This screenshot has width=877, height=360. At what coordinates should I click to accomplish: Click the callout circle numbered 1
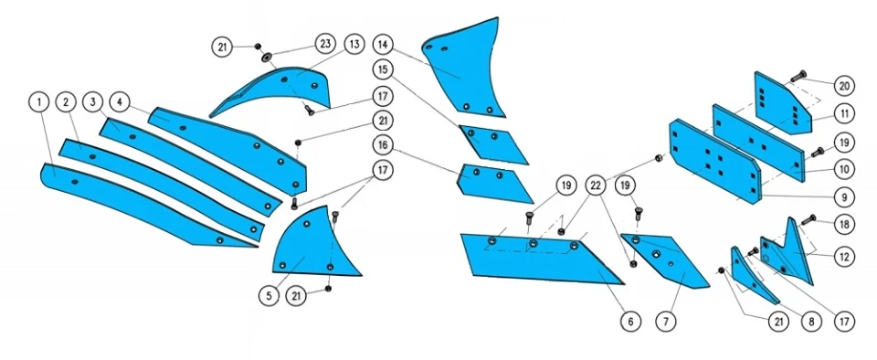pos(38,103)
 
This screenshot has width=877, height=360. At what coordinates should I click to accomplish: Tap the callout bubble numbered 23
pos(325,43)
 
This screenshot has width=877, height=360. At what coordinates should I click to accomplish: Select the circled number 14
pos(383,43)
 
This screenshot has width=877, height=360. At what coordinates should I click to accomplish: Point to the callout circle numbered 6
pos(631,322)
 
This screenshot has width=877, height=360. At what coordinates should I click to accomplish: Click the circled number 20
pos(844,86)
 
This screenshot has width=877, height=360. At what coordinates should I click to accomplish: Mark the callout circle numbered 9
pos(844,196)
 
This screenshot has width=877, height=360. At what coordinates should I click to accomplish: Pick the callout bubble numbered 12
pos(844,257)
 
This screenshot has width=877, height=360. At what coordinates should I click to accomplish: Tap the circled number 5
pos(269,297)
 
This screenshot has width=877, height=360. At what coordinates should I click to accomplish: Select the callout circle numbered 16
pos(383,144)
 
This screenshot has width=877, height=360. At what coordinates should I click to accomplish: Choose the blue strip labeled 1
pos(140,206)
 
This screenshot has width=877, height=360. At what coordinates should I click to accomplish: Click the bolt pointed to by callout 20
pos(797,75)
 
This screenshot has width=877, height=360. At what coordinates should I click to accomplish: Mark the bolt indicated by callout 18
pos(808,219)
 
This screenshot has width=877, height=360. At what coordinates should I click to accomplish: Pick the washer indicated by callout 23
pos(266,56)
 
